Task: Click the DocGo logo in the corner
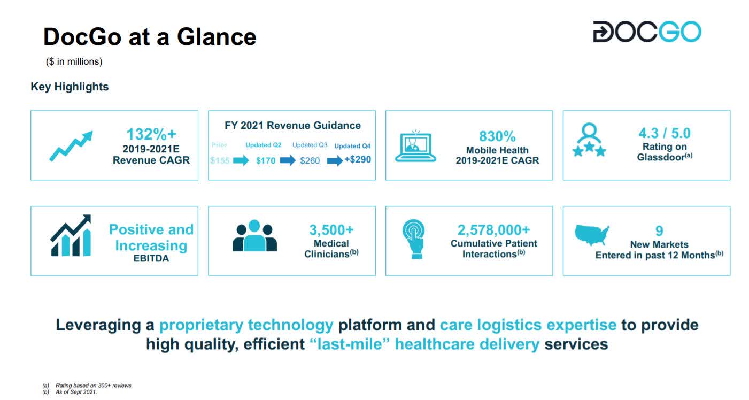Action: pyautogui.click(x=647, y=32)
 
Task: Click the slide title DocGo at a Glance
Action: pyautogui.click(x=150, y=37)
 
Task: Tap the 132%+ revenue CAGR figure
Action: pyautogui.click(x=151, y=134)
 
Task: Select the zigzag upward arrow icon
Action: pyautogui.click(x=71, y=145)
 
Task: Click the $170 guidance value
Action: pyautogui.click(x=265, y=160)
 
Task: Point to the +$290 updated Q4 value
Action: pyautogui.click(x=357, y=160)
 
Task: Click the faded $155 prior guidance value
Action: pyautogui.click(x=220, y=160)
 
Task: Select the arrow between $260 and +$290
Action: pyautogui.click(x=335, y=160)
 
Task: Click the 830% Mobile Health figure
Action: pyautogui.click(x=497, y=136)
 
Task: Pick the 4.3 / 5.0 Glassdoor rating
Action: pyautogui.click(x=665, y=133)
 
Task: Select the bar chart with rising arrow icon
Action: pyautogui.click(x=71, y=236)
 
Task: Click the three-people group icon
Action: pyautogui.click(x=254, y=236)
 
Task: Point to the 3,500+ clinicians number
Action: pyautogui.click(x=331, y=230)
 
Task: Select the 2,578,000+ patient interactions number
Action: pyautogui.click(x=493, y=230)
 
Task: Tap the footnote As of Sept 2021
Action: pyautogui.click(x=76, y=392)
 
